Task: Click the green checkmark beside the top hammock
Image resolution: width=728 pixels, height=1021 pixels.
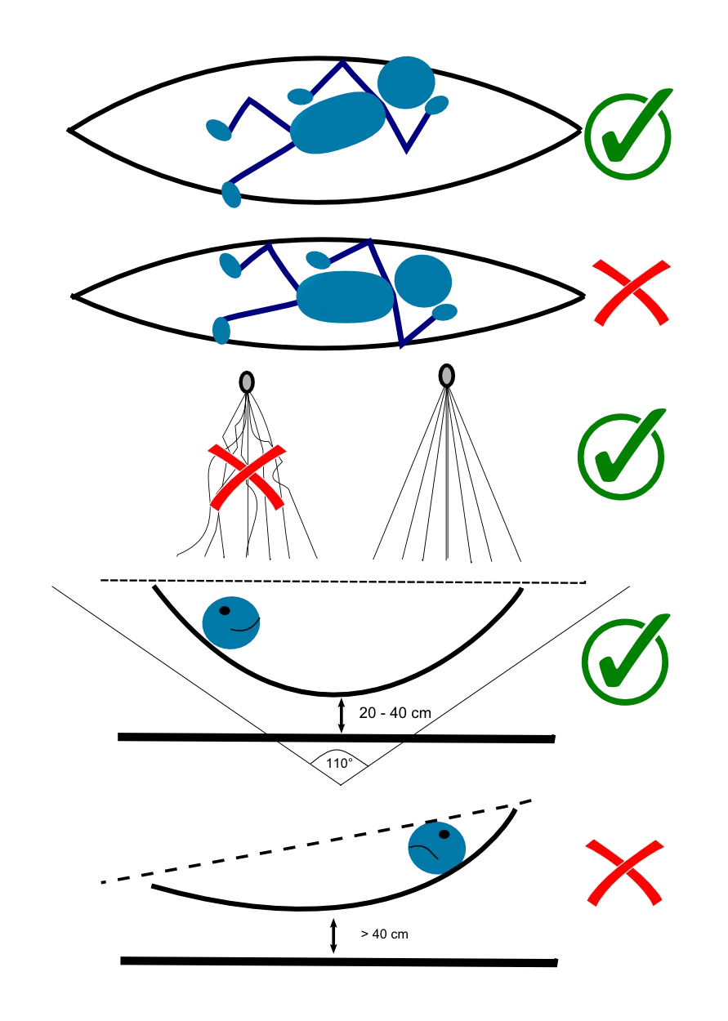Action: pyautogui.click(x=627, y=134)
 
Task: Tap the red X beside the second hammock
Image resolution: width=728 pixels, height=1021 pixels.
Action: pyautogui.click(x=631, y=292)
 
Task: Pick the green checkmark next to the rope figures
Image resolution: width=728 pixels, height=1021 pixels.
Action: pyautogui.click(x=620, y=454)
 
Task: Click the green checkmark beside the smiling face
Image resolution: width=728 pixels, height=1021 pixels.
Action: pyautogui.click(x=626, y=658)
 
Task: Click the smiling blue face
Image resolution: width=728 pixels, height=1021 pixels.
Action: pyautogui.click(x=231, y=622)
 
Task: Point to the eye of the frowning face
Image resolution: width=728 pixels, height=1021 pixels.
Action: pyautogui.click(x=444, y=835)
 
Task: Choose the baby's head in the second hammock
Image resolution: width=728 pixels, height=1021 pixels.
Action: pyautogui.click(x=422, y=280)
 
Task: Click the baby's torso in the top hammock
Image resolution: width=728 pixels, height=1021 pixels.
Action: pyautogui.click(x=337, y=123)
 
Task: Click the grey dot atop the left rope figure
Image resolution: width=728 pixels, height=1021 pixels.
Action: pyautogui.click(x=246, y=381)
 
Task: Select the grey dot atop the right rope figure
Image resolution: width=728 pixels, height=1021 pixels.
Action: pyautogui.click(x=446, y=376)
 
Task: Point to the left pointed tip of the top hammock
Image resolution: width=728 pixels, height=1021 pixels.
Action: pyautogui.click(x=72, y=128)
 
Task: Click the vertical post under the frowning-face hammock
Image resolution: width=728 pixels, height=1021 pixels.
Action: pyautogui.click(x=333, y=933)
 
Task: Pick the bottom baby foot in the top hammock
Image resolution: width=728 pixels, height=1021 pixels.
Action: pyautogui.click(x=232, y=194)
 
